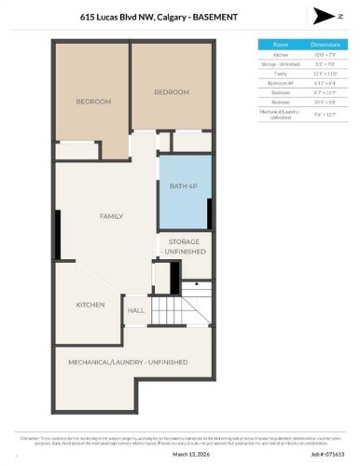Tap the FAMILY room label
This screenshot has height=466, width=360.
click(x=112, y=216)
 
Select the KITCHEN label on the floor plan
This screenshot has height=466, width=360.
click(x=90, y=305)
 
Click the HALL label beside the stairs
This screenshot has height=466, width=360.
click(x=136, y=310)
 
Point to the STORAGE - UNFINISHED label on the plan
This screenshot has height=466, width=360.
click(x=184, y=247)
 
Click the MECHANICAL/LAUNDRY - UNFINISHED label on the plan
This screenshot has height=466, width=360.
click(x=128, y=362)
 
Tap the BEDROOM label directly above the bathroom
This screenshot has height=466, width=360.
click(x=172, y=91)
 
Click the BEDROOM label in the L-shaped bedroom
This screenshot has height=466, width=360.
click(x=93, y=101)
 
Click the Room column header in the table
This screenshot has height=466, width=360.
click(x=280, y=44)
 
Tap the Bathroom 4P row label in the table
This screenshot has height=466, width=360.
click(x=280, y=84)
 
